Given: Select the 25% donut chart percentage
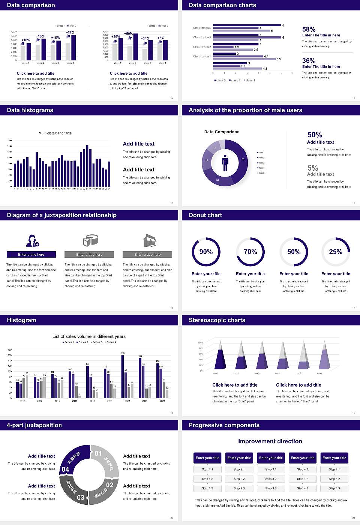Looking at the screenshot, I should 336,252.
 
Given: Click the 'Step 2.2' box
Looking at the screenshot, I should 239,479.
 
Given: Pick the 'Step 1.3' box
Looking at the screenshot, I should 207,488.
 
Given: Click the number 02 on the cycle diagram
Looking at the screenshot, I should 109,485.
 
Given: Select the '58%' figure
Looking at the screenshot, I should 309,29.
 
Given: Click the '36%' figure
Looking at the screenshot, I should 309,61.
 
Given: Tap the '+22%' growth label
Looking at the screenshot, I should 70,32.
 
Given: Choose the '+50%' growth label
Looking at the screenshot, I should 128,33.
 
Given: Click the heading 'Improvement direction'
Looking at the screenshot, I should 270,441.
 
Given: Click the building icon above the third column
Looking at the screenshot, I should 150,240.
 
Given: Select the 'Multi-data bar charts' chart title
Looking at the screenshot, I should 55,133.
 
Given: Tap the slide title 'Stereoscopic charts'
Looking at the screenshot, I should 217,320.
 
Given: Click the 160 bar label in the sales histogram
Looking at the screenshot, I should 123,353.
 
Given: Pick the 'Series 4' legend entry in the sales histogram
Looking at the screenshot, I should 111,342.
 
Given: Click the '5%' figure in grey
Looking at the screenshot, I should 312,168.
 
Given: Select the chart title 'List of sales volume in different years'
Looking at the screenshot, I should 89,336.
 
